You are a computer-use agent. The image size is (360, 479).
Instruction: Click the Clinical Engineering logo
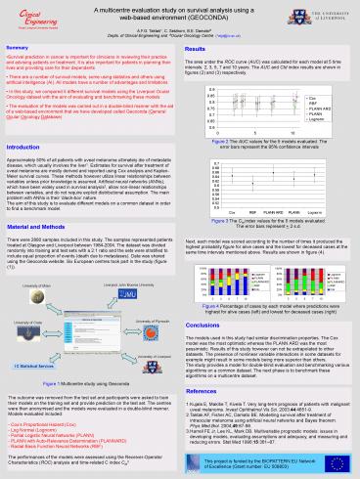tap(29, 17)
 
